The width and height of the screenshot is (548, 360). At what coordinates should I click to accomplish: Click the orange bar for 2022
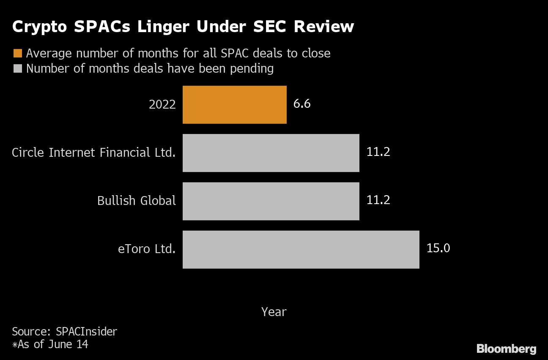(234, 105)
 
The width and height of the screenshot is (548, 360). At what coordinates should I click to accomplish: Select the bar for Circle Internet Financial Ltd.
(271, 153)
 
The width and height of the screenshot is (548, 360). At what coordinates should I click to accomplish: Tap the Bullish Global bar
(271, 201)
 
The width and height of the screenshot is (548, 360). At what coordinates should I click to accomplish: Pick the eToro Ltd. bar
(301, 249)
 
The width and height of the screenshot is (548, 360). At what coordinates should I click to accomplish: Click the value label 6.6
(302, 104)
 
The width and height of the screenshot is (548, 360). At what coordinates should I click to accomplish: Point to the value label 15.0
(438, 248)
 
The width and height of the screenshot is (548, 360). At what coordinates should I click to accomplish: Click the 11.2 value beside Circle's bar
(378, 152)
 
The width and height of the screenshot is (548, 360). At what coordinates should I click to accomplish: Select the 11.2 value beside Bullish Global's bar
(378, 200)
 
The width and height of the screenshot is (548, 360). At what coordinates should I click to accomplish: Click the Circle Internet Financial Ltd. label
(93, 153)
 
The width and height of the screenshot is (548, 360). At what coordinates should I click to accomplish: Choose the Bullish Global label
(136, 200)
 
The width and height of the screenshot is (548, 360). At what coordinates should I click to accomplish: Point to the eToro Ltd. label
(146, 249)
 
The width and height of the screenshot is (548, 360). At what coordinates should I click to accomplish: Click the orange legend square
(17, 53)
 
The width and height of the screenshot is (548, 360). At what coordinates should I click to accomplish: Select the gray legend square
(17, 68)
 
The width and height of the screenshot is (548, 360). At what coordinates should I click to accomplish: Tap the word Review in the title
(323, 27)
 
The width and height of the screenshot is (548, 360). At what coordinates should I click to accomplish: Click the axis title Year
(274, 312)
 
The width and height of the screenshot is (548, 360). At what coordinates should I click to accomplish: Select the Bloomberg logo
(506, 349)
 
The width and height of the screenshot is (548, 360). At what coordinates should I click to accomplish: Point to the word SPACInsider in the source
(86, 331)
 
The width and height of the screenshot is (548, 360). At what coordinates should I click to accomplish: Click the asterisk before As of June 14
(15, 345)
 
